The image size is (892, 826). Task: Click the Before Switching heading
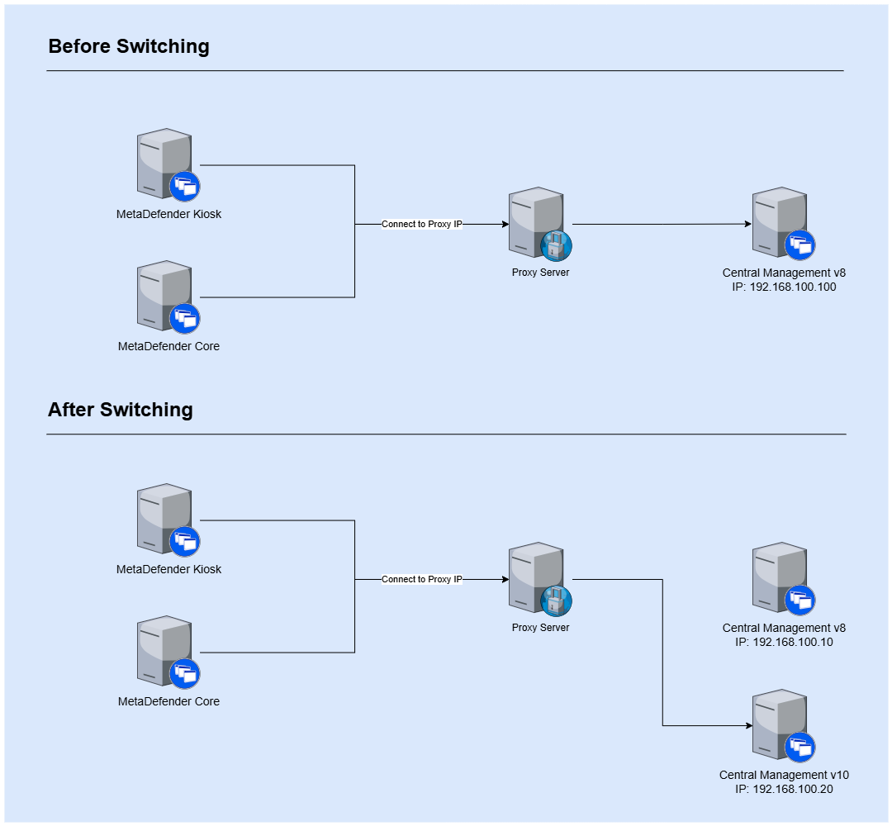coord(129,46)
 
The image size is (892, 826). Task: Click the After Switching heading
coord(121,410)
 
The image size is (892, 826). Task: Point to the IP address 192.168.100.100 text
coord(784,287)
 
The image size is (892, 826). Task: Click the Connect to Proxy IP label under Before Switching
coord(422,224)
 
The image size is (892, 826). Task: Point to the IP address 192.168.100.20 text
coord(784,789)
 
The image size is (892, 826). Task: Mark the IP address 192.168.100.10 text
coord(784,642)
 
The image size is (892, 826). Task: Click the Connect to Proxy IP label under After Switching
coord(422,580)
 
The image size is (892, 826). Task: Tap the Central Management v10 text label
coord(784,775)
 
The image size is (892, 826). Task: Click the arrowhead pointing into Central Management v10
coord(747,726)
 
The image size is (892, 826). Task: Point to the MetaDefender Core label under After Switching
coord(168,701)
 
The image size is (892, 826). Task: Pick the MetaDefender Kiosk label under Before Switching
coord(168,214)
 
